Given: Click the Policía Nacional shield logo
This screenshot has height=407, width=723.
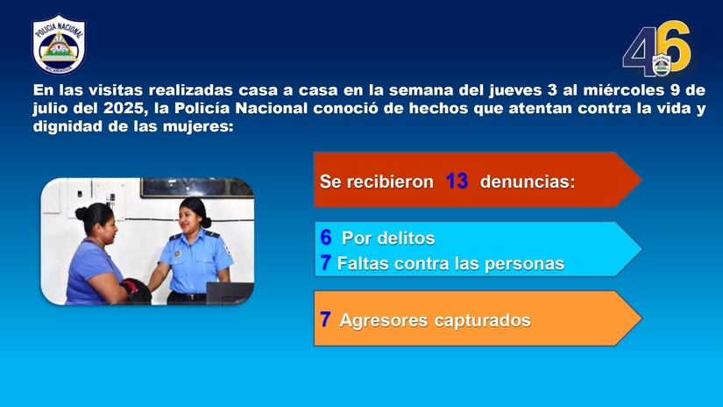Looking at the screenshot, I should point(60,44).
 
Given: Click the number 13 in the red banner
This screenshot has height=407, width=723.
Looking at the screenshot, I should point(457,182).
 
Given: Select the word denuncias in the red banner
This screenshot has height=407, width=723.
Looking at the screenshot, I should point(528,182).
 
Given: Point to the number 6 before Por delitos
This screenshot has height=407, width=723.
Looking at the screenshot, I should point(325,238).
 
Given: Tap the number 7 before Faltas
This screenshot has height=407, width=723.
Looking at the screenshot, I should point(326,263).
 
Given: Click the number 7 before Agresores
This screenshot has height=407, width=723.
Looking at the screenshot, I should point(325,320).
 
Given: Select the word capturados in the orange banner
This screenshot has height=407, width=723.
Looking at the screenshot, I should point(482,321).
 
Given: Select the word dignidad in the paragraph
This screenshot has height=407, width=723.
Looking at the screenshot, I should point(65,126).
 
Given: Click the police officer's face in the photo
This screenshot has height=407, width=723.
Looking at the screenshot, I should point(192,216).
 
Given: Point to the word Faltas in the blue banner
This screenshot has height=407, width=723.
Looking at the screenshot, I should point(362,263).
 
